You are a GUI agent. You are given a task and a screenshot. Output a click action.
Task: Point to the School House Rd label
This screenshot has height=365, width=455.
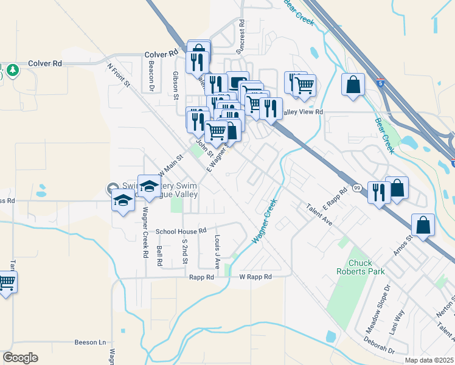(x=181, y=231)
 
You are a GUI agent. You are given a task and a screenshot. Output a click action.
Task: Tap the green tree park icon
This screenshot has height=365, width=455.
(x=12, y=71)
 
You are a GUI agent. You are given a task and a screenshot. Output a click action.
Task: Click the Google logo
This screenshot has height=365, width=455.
(x=20, y=358)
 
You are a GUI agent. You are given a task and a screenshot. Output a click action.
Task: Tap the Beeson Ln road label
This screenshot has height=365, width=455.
(x=90, y=342)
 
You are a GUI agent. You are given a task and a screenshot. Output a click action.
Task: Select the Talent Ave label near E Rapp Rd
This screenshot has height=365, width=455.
(x=319, y=215)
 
